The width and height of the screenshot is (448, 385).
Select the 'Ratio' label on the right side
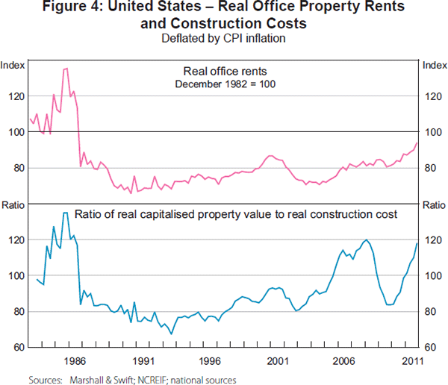click(434, 204)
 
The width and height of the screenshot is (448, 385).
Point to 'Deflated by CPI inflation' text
click(224, 38)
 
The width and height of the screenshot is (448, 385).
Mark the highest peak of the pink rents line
click(66, 69)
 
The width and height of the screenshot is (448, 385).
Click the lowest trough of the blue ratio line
click(172, 334)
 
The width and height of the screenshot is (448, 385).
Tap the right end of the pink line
click(417, 143)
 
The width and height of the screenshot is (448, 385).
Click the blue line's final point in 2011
click(417, 243)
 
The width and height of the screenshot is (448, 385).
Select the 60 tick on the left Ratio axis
click(16, 347)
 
